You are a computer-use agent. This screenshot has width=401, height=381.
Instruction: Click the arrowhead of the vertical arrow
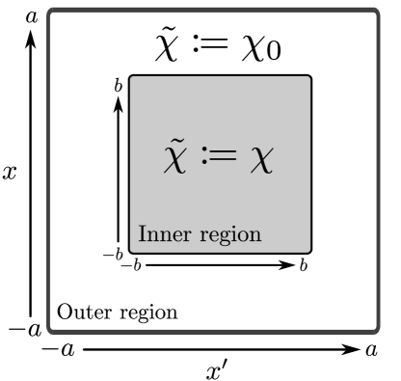[119, 104]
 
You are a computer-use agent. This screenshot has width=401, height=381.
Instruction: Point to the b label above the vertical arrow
[119, 86]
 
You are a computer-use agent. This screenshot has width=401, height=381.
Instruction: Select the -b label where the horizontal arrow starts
[131, 264]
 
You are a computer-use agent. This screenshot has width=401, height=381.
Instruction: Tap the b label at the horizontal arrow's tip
[304, 264]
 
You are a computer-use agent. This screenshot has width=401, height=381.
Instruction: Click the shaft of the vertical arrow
[119, 174]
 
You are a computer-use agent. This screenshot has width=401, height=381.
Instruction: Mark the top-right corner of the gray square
[310, 76]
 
